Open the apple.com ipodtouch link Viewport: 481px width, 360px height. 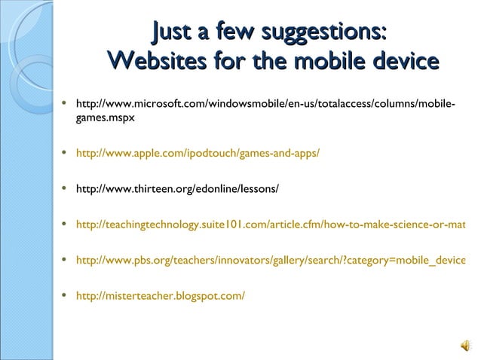[198, 153]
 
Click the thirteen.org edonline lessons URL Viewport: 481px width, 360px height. [178, 188]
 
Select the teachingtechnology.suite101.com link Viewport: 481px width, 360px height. [271, 224]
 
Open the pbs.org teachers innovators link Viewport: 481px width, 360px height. [271, 260]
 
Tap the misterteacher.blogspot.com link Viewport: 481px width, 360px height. [161, 295]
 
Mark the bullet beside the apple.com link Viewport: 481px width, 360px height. [67, 153]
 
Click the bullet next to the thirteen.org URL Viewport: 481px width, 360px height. [67, 188]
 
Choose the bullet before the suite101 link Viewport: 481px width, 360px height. [67, 224]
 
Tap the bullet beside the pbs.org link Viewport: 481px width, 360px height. [67, 260]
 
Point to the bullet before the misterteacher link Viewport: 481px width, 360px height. [67, 295]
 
